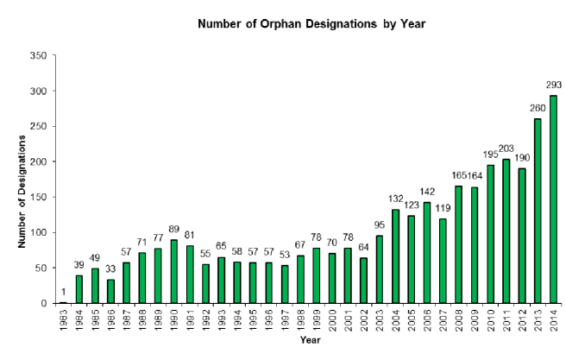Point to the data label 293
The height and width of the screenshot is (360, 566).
click(554, 86)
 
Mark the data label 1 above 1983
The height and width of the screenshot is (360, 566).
click(64, 294)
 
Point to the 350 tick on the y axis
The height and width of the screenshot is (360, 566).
click(37, 55)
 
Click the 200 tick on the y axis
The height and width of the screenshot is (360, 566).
click(37, 161)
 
